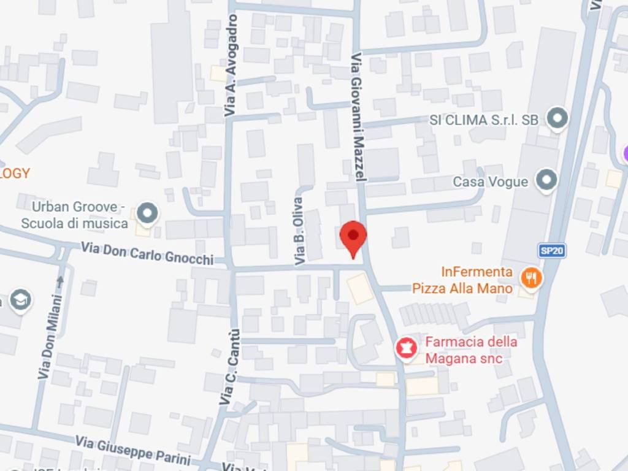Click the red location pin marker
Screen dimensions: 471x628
point(353,237)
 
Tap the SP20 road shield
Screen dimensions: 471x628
point(552,250)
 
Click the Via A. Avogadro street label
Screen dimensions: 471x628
point(231,66)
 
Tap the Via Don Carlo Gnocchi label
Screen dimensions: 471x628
point(147,253)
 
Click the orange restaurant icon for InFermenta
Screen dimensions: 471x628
point(531,278)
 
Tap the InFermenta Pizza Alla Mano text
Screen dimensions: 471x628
point(477,280)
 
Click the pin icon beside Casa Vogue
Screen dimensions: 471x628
point(545,181)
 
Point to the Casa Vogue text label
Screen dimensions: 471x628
point(490,182)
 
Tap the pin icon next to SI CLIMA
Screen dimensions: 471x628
point(557,118)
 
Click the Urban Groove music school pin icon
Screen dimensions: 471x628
point(147,214)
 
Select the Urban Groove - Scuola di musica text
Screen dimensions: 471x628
point(75,215)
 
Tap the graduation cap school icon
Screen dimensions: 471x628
point(21,300)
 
